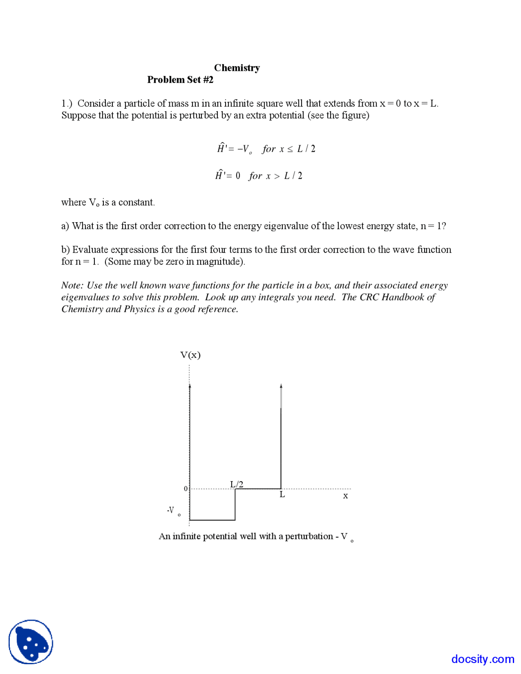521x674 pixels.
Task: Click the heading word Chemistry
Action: click(x=236, y=68)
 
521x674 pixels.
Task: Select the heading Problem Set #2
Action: click(x=180, y=79)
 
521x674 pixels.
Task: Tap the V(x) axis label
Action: click(x=190, y=355)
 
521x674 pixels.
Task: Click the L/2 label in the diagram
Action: click(x=236, y=484)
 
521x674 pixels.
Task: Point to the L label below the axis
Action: click(x=282, y=495)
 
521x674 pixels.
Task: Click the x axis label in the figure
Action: click(x=345, y=496)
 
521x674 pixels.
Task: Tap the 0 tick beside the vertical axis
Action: click(x=186, y=488)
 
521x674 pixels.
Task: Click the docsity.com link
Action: click(x=482, y=659)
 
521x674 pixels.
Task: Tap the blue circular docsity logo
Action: click(x=31, y=641)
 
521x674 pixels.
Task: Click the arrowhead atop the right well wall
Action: click(x=281, y=385)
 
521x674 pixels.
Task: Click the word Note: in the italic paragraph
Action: click(x=72, y=285)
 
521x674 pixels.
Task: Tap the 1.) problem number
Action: click(x=67, y=103)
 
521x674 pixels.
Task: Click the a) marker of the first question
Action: click(x=65, y=226)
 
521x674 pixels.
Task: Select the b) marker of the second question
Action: click(x=65, y=249)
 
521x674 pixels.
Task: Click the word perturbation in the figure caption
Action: click(x=309, y=536)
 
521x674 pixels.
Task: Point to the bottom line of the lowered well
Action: click(x=212, y=520)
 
